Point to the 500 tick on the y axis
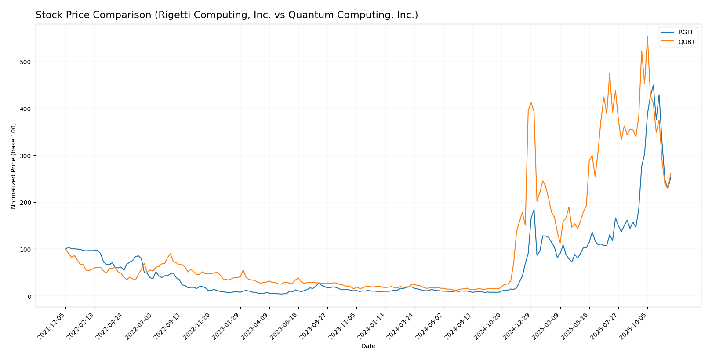(x=27, y=62)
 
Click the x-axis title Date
(x=368, y=346)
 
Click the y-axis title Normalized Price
(x=14, y=166)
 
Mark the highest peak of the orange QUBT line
(x=647, y=36)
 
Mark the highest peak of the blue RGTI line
(x=653, y=85)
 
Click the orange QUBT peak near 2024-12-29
(x=531, y=102)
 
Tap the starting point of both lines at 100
(x=65, y=249)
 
